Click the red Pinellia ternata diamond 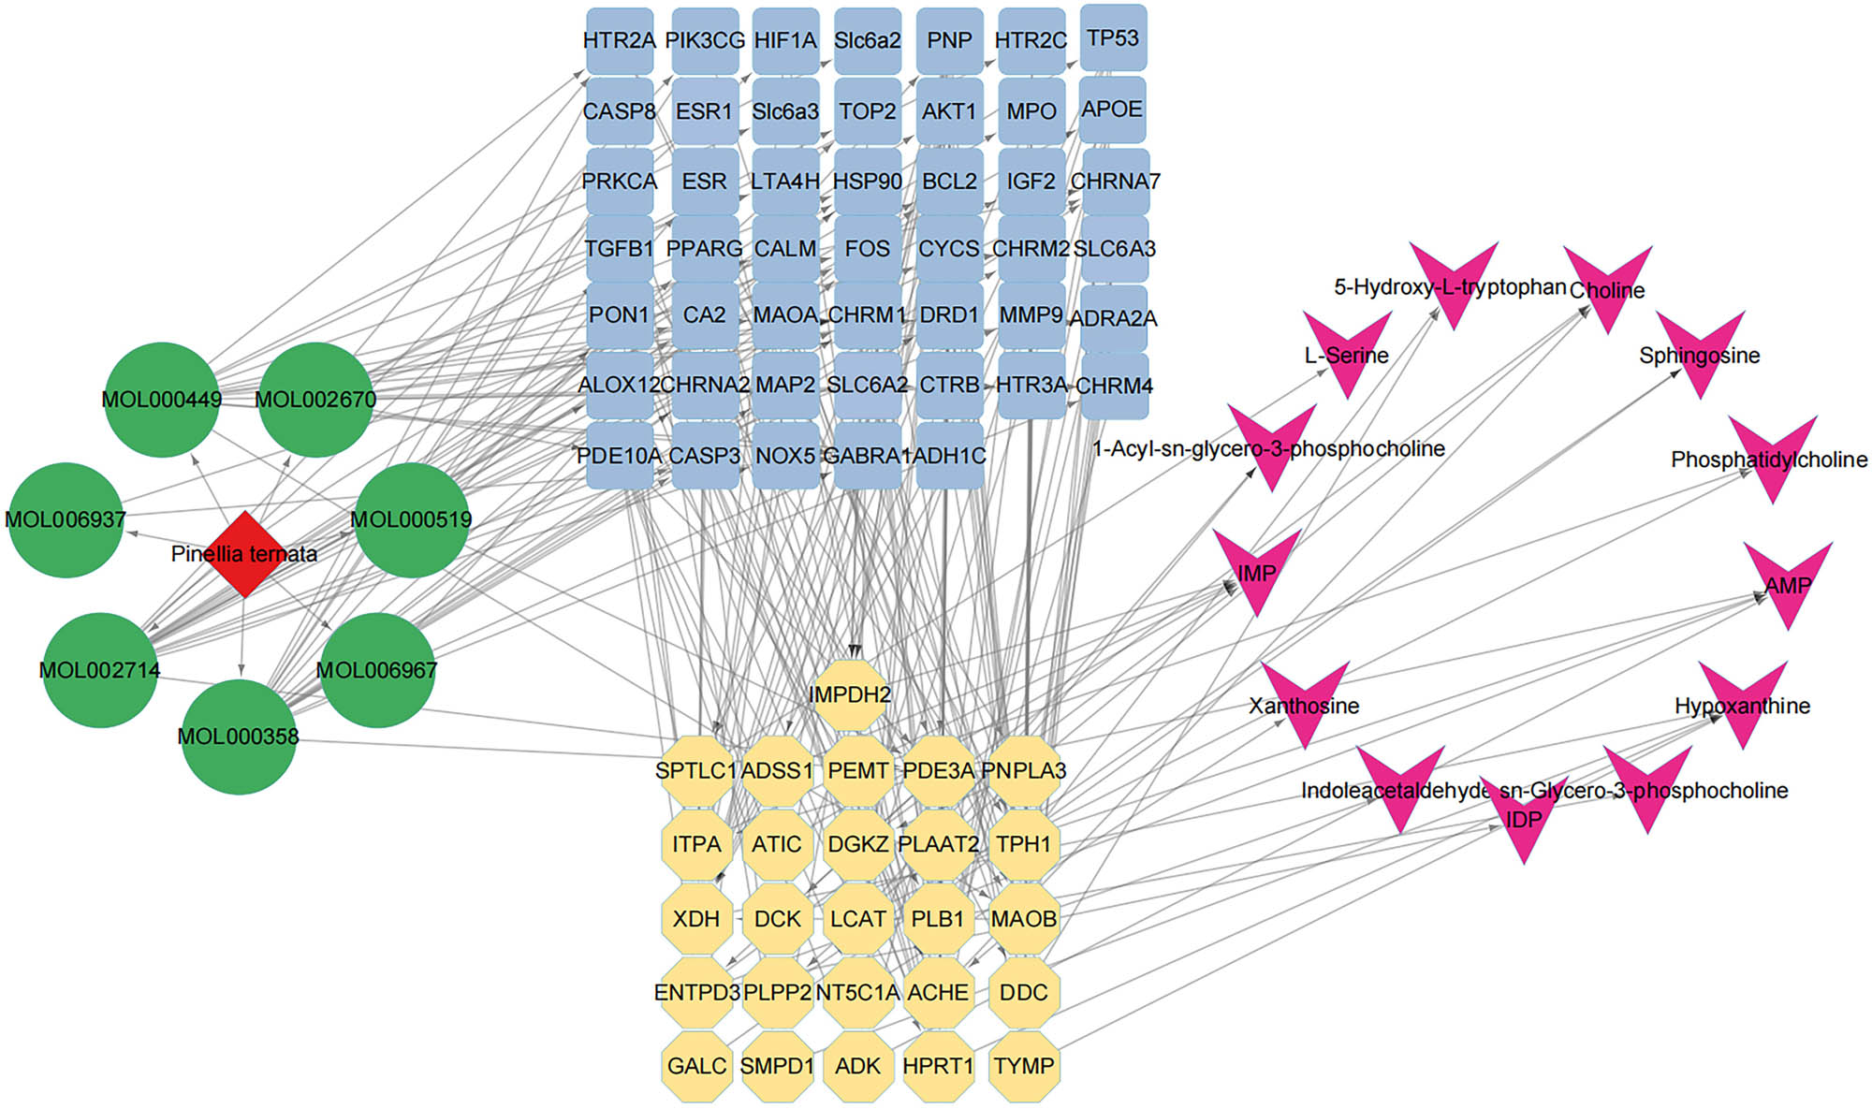244,554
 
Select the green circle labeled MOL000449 162,400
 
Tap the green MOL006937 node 66,519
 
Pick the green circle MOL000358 239,737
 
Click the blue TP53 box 1113,38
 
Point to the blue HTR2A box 620,41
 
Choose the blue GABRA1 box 867,456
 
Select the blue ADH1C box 949,456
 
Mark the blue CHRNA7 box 1114,181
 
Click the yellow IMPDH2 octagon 850,695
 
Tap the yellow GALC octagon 696,1066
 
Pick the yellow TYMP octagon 1024,1066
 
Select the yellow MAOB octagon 1024,919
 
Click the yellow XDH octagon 696,919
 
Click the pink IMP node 1256,567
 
